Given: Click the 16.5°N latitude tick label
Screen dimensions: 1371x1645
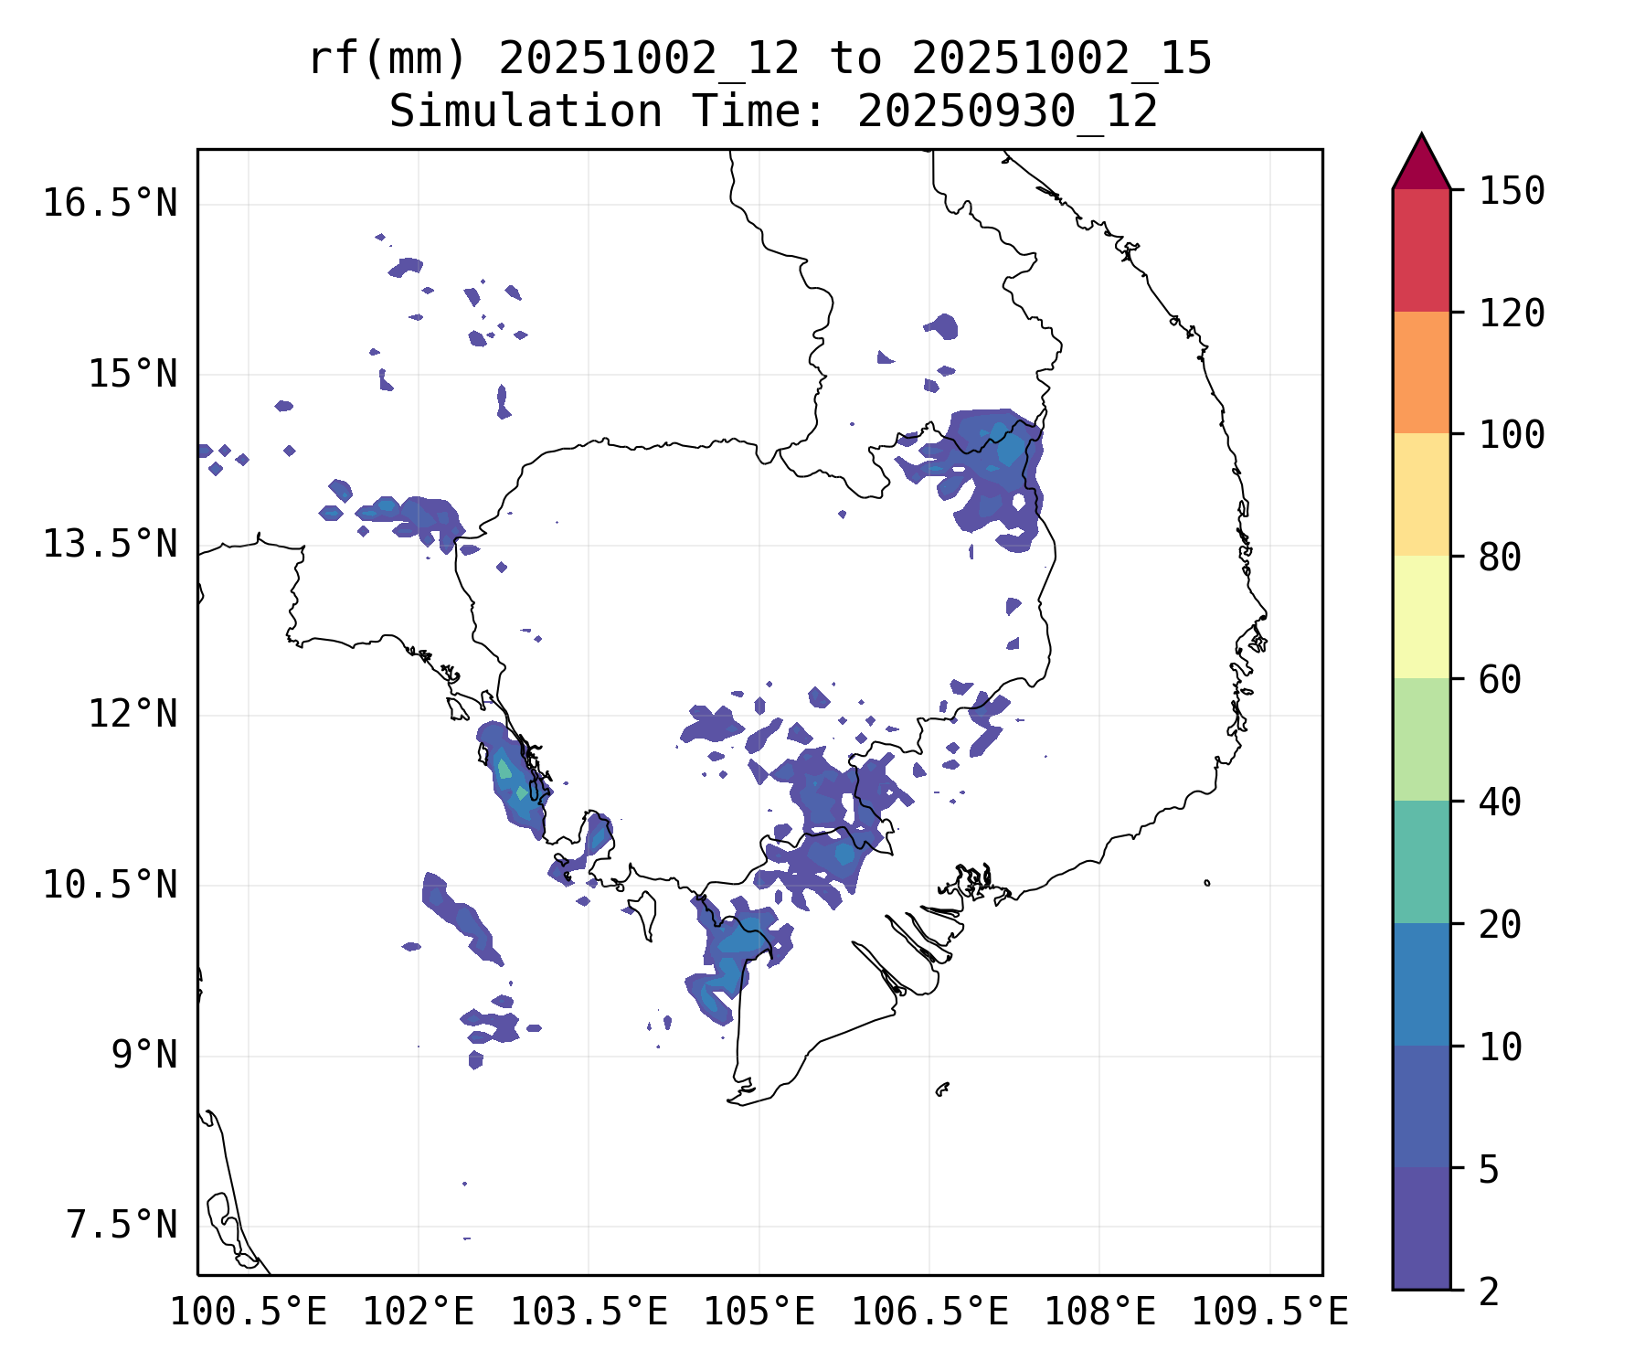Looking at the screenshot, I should pos(110,203).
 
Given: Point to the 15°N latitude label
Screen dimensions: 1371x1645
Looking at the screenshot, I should pos(132,374).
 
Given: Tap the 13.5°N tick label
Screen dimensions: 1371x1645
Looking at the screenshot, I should pos(110,545).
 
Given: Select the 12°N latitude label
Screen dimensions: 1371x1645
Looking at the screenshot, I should pos(132,714).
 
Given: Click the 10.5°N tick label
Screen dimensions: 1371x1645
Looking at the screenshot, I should pos(110,885).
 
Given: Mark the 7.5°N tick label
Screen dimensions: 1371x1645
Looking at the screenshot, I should pos(121,1226).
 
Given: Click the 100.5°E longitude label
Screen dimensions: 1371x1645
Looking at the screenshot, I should pos(249,1313).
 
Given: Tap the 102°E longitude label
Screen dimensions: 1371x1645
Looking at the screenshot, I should pos(419,1313).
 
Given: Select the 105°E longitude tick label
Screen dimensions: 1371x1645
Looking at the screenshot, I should pos(759,1313).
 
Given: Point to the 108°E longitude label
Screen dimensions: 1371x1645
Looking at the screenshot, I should pos(1099,1313).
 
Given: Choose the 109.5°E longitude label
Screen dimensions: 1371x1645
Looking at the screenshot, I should pos(1269,1313).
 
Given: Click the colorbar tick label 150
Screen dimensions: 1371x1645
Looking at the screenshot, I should pos(1512,191).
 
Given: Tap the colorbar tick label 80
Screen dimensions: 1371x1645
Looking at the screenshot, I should pos(1500,557).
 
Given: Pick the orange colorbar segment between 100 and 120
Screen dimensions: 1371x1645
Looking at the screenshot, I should pos(1421,372).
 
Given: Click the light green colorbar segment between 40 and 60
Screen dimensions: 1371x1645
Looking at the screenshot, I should pos(1421,739).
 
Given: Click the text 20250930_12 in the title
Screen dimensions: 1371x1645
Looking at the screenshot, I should pos(1007,112).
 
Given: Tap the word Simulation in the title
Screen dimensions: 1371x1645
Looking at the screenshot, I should pos(525,112).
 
